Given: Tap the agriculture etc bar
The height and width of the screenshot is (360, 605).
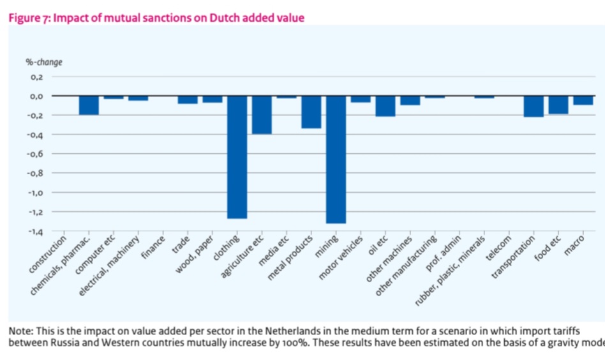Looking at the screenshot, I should click(x=262, y=115).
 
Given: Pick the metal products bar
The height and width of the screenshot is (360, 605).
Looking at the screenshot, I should click(x=311, y=112).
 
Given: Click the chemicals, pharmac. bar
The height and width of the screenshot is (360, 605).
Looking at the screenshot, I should click(x=89, y=105).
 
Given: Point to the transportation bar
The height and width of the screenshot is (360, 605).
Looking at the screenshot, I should click(x=534, y=107).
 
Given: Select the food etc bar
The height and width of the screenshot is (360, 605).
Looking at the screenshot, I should click(x=558, y=105).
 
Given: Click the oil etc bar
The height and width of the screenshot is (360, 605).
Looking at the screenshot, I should click(x=385, y=106).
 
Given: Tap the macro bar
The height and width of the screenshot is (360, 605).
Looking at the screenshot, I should click(x=583, y=100).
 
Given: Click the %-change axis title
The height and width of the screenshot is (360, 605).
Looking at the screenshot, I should click(x=43, y=63).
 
